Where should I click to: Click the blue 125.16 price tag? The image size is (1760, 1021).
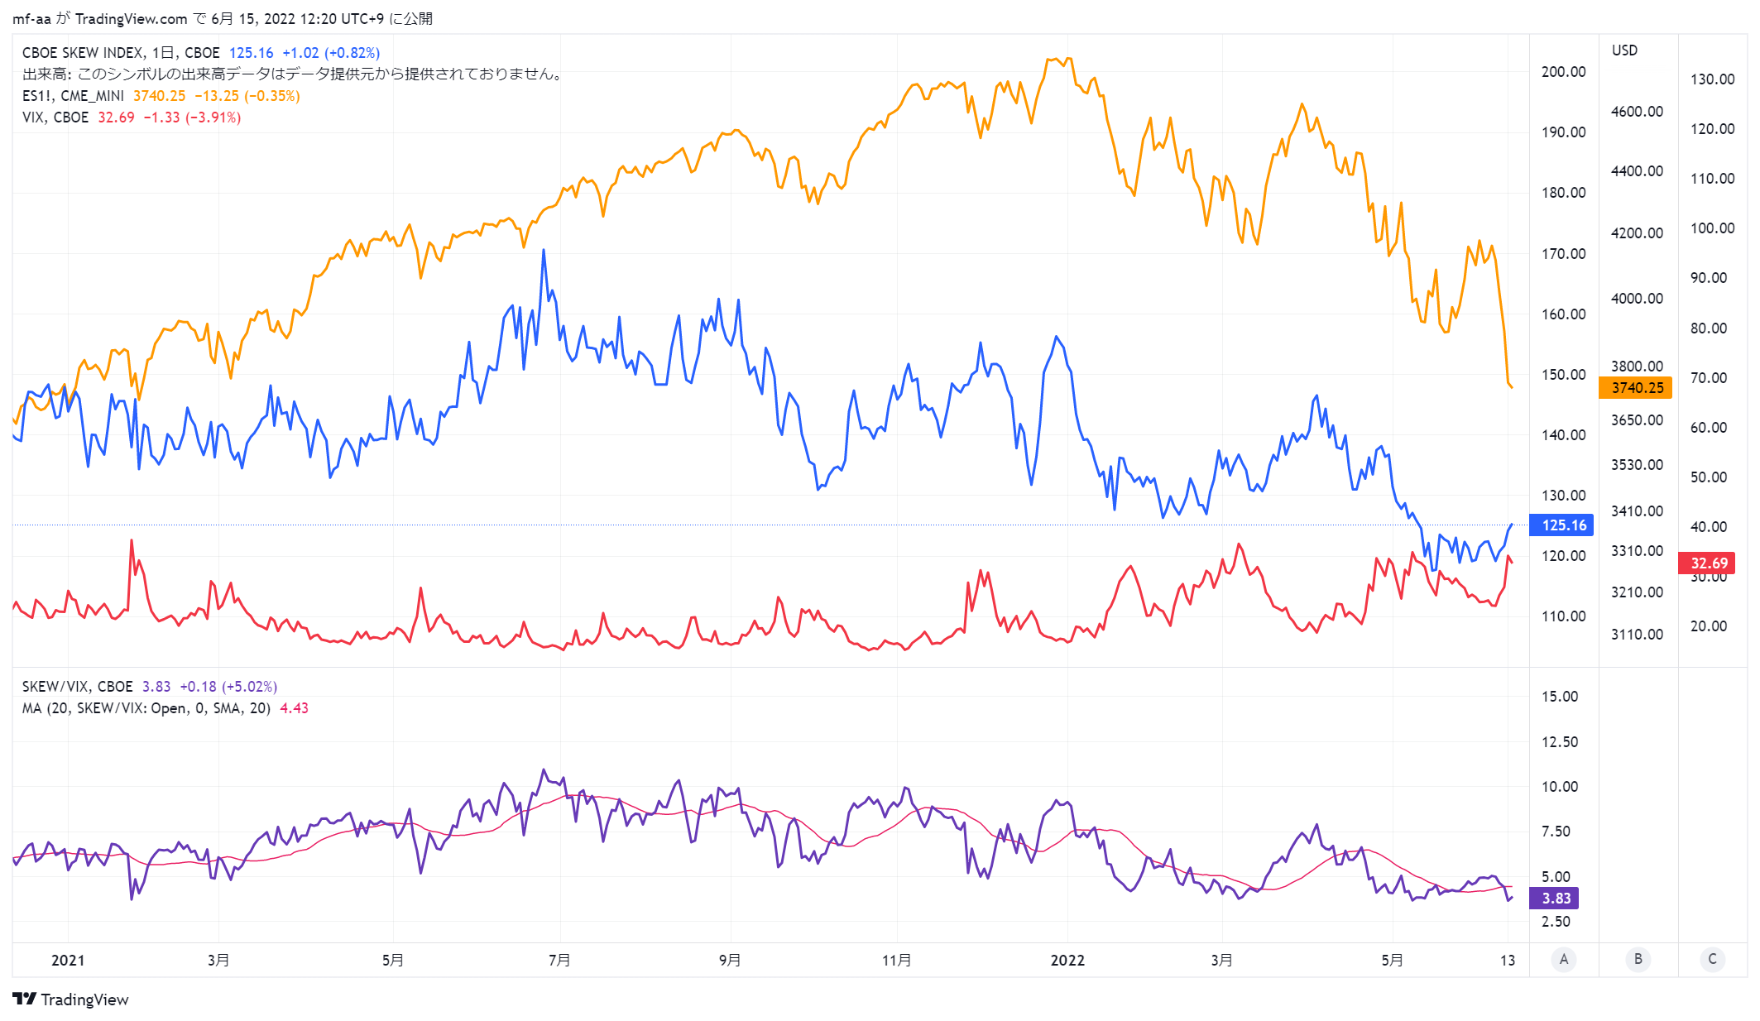coord(1561,525)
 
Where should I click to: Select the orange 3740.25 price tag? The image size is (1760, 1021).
coord(1636,388)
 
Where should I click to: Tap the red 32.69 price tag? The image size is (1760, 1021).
coord(1707,563)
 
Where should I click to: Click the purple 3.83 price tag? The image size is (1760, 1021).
coord(1555,899)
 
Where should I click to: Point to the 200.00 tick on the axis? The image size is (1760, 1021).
coord(1563,72)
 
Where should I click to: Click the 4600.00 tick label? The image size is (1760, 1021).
coord(1637,112)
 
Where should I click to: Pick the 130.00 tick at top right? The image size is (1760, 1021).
coord(1712,79)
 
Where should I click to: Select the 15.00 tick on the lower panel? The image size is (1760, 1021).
coord(1560,697)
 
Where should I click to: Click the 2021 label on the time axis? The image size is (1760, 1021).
coord(68,961)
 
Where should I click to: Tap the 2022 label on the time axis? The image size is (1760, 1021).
coord(1067,961)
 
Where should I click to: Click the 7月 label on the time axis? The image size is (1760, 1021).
coord(559,961)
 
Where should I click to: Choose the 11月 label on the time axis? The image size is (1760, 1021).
coord(897,961)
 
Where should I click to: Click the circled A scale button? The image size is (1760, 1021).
coord(1563,960)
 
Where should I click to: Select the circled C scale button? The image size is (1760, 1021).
coord(1712,960)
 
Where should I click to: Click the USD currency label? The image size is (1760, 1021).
coord(1624,50)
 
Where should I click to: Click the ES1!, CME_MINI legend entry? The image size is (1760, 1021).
coord(73,96)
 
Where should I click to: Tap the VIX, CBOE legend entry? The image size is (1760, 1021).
coord(55,117)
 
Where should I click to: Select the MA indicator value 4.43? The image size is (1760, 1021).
coord(294,708)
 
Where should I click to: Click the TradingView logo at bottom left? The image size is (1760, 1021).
coord(71,999)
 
